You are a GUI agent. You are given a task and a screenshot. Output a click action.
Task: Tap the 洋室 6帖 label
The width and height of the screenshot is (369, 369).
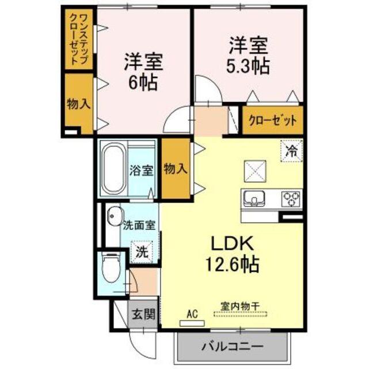point(143,70)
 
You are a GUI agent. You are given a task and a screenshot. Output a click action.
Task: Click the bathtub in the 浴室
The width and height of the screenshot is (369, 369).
point(113,170)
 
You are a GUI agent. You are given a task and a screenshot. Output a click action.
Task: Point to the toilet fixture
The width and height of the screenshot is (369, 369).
point(108,268)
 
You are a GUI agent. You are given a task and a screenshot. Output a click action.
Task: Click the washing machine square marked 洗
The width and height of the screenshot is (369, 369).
point(141,251)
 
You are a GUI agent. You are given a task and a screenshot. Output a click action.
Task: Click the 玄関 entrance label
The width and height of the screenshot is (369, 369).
point(143,314)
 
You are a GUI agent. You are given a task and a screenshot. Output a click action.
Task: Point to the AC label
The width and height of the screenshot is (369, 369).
point(192,314)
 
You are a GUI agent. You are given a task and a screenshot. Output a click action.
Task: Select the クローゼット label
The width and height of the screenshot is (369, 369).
point(273,121)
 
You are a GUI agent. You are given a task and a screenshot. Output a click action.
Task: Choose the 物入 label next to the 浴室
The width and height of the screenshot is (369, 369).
point(176,169)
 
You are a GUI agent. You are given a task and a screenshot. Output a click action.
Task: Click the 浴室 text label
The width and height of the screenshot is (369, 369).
point(141,170)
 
